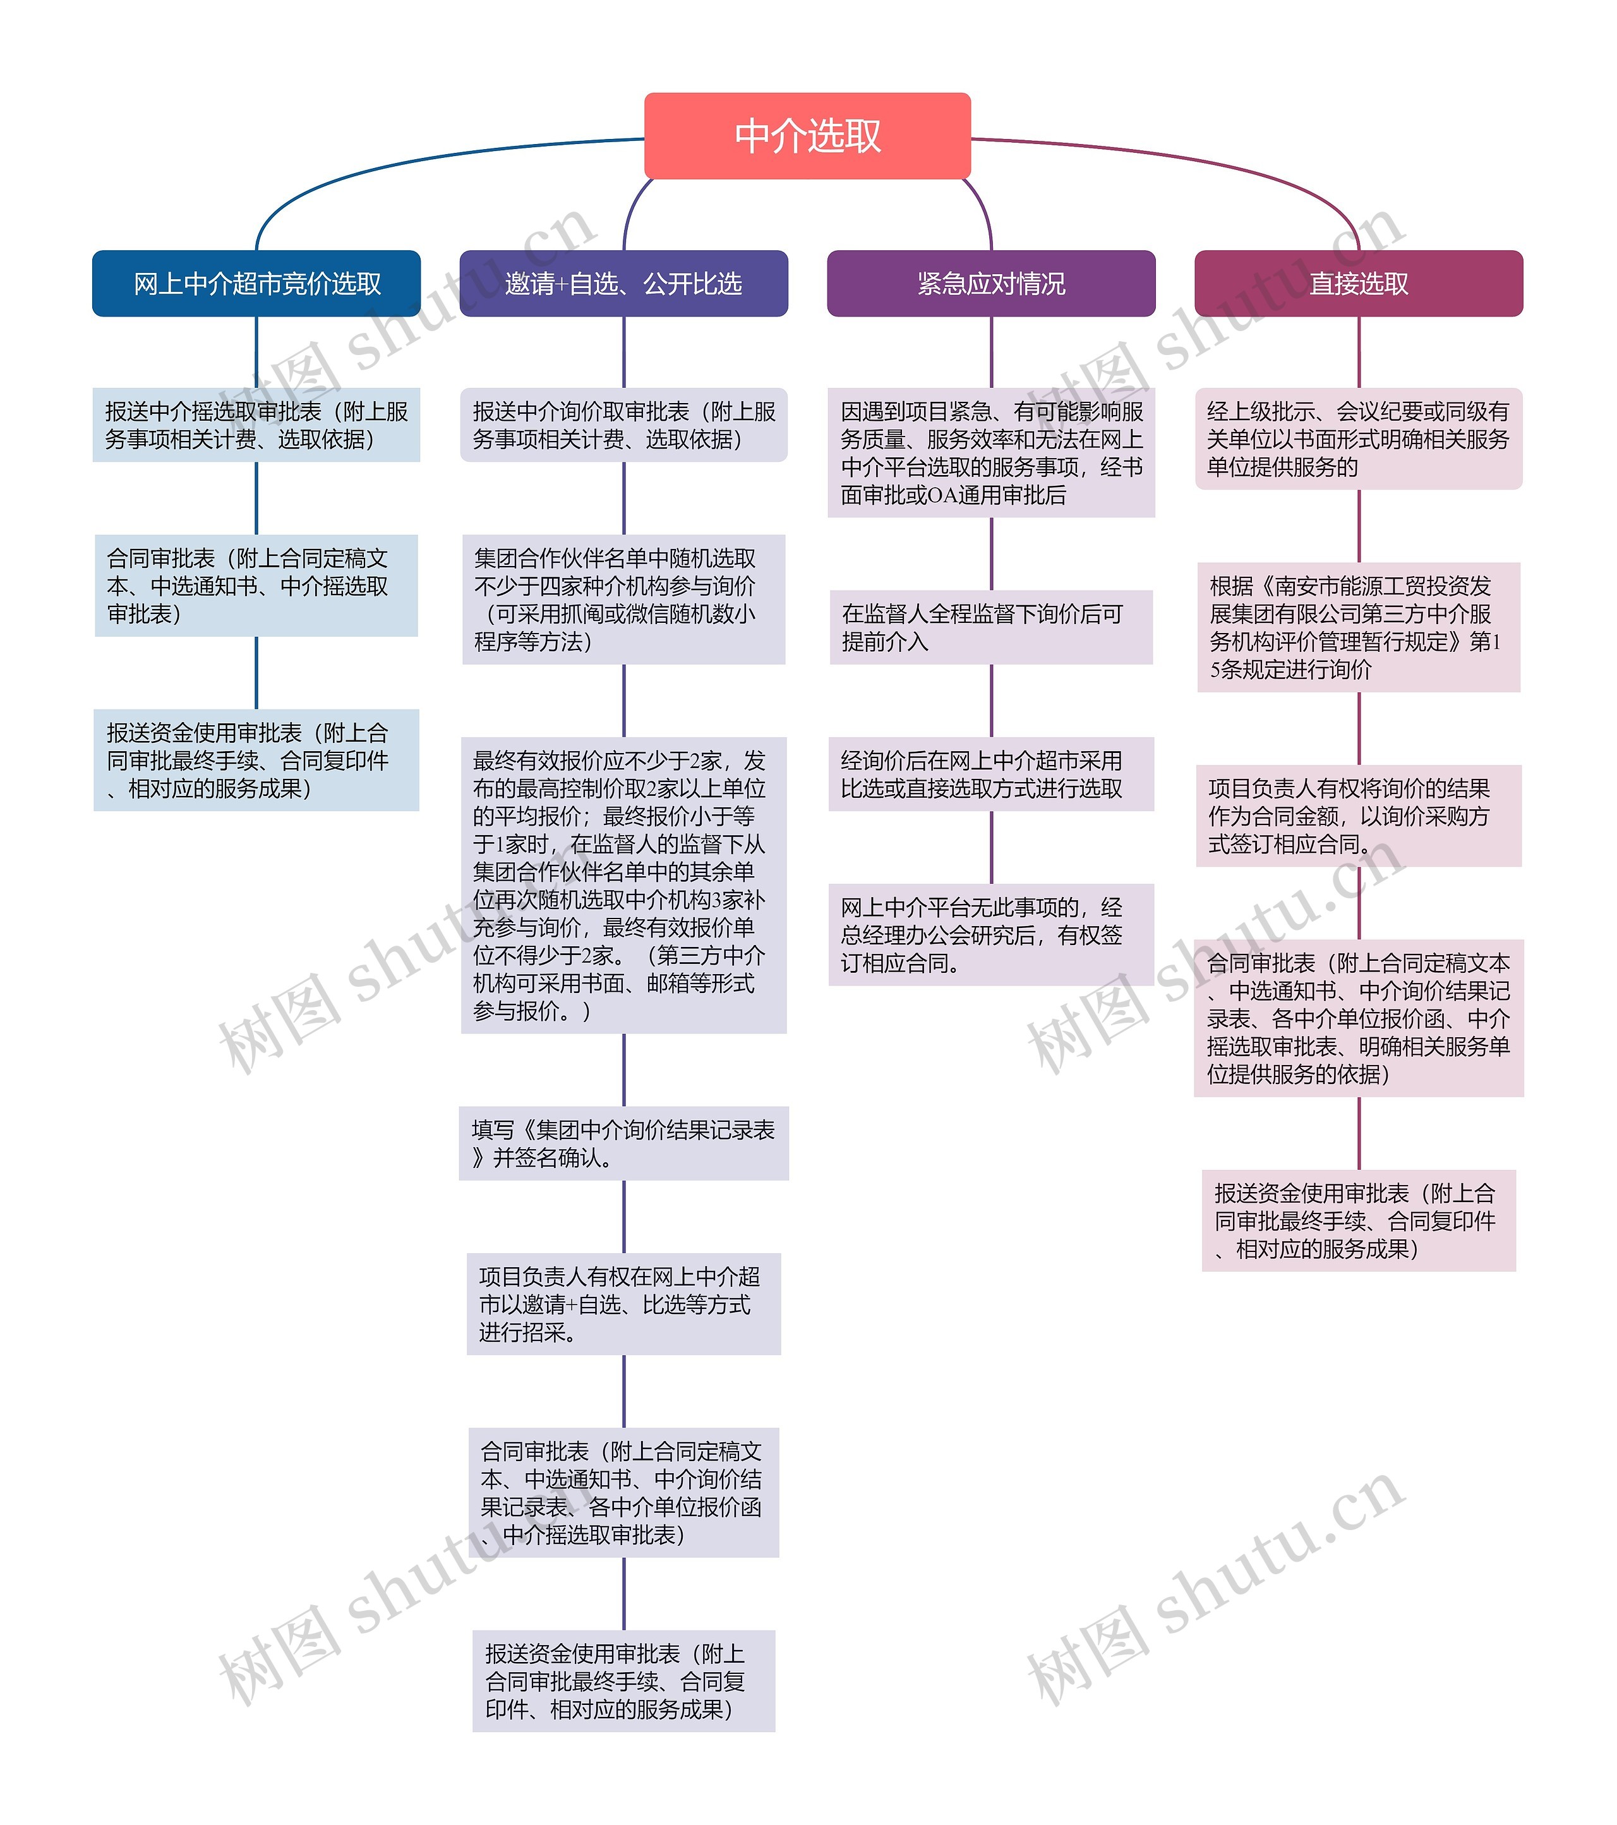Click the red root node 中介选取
coord(807,136)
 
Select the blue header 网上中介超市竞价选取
coord(256,283)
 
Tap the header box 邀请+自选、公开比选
coord(623,283)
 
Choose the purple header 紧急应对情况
coord(991,283)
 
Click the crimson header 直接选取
coord(1358,283)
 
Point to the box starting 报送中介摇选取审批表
coord(256,425)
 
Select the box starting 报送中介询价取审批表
coord(623,425)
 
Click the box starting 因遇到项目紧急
coord(991,453)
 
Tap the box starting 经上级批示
coord(1358,438)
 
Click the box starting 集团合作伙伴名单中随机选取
coord(623,599)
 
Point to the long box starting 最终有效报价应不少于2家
coord(623,885)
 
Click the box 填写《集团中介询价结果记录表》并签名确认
coord(623,1144)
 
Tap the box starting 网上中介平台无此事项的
coord(991,935)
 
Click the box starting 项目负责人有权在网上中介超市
coord(623,1304)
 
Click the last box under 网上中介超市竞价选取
coord(256,760)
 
